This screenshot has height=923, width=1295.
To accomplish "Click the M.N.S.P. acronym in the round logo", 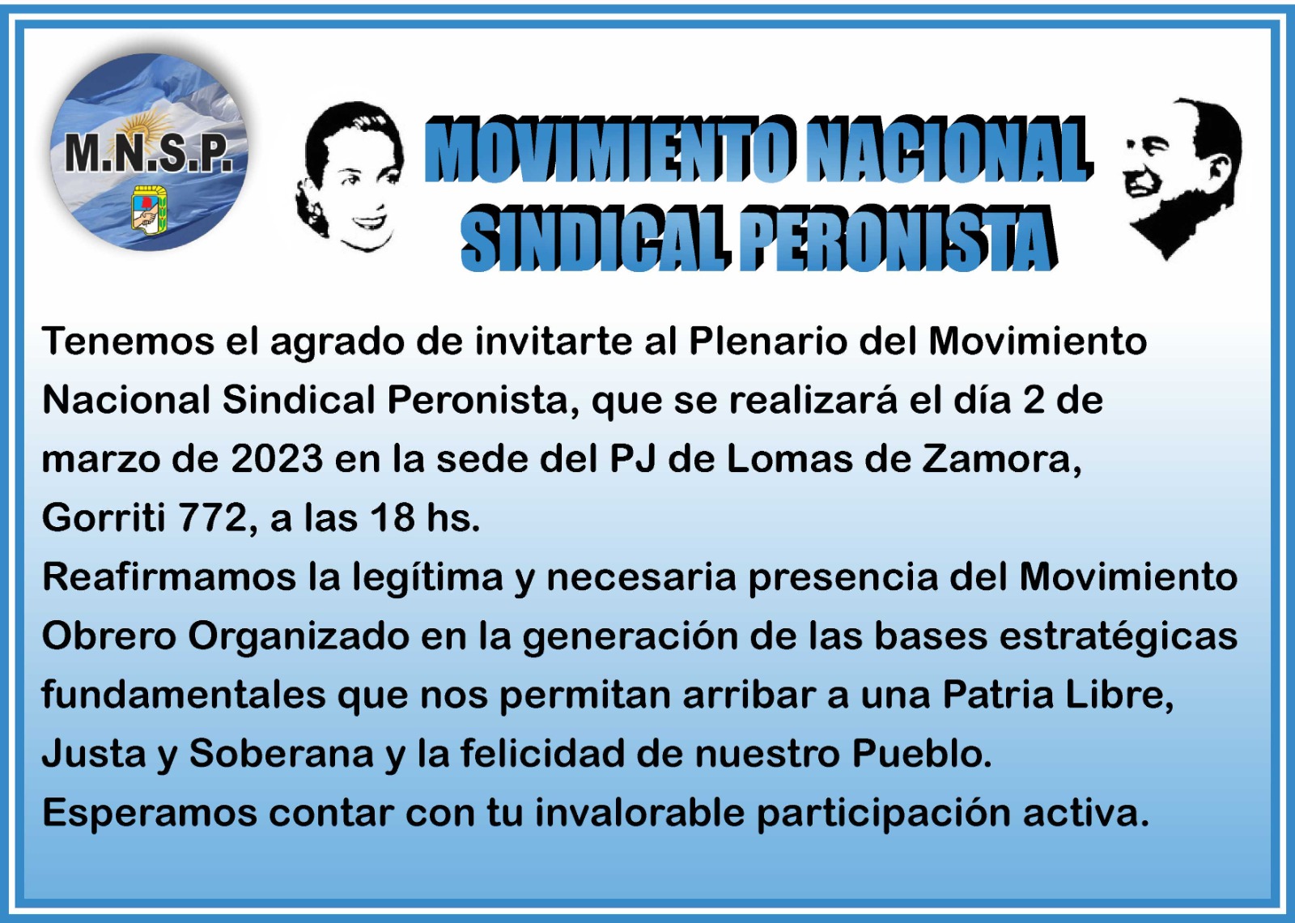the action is (149, 155).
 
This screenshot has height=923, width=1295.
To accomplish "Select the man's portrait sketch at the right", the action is (1182, 177).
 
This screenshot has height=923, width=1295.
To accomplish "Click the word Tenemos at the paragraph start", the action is (128, 341).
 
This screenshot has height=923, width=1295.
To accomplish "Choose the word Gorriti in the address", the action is (104, 518).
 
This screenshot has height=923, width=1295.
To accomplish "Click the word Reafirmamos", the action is (169, 577).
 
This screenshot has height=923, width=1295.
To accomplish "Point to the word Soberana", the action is (282, 754).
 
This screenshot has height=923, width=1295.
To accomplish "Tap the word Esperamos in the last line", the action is (149, 814).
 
